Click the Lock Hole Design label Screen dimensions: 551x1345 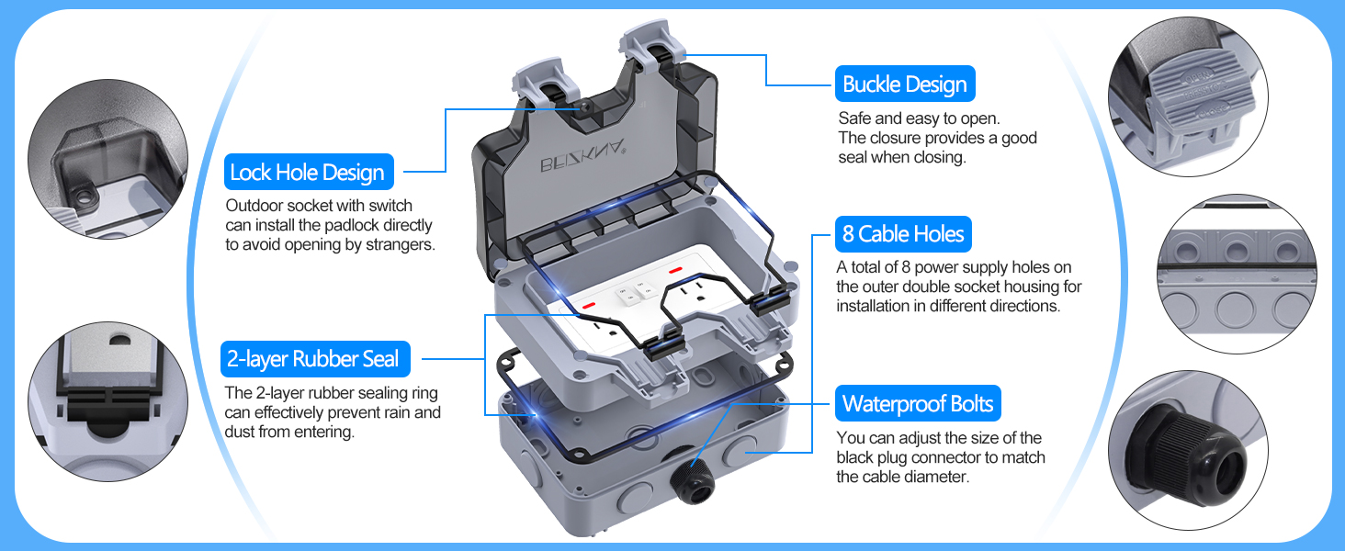pos(308,173)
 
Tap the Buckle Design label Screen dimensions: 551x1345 pos(904,84)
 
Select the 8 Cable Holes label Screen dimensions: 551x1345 pos(902,235)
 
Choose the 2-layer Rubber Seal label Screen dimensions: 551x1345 pos(313,359)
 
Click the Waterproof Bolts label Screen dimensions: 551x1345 pos(917,404)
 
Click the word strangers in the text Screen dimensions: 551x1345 pos(400,245)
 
